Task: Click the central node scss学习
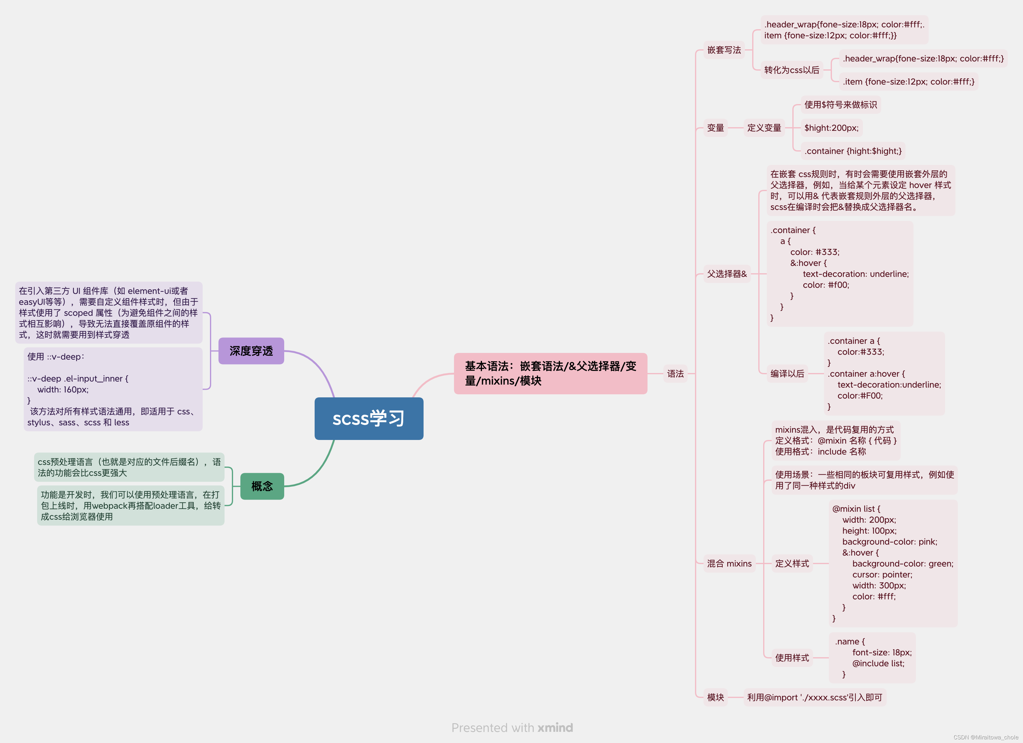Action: tap(368, 419)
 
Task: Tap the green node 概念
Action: tap(262, 486)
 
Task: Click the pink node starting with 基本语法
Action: tap(550, 374)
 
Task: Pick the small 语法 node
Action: tap(675, 374)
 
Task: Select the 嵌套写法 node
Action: tap(724, 50)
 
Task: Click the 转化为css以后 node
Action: tap(792, 70)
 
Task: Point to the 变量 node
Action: tap(715, 128)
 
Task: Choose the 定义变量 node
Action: tap(764, 128)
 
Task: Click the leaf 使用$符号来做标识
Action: tap(840, 105)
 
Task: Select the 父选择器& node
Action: tap(727, 274)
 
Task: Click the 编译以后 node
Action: tap(787, 374)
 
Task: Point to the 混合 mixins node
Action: tap(729, 563)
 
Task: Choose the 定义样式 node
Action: tap(792, 563)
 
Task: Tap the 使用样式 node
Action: tap(792, 658)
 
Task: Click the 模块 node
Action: tap(715, 697)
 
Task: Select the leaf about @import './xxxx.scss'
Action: tap(814, 697)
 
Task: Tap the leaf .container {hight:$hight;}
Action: tap(853, 151)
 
